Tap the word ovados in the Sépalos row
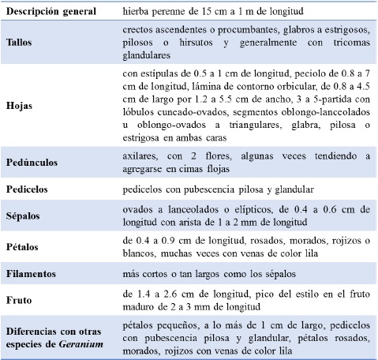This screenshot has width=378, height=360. (x=140, y=208)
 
